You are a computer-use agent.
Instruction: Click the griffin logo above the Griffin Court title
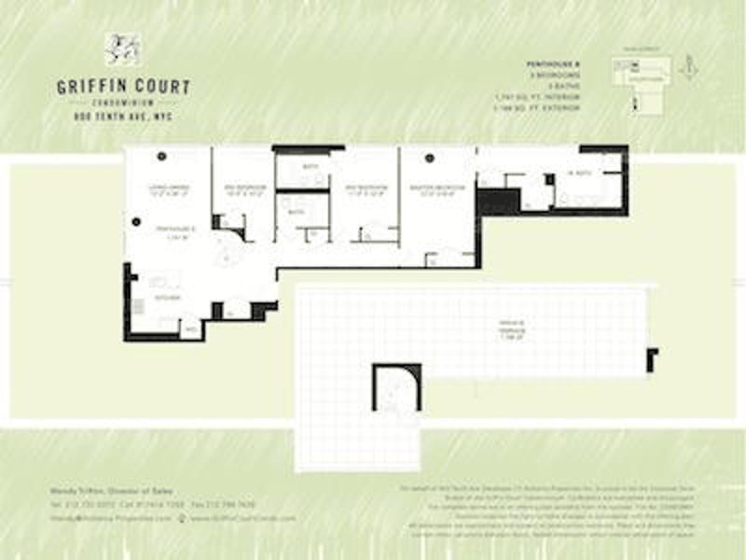121,49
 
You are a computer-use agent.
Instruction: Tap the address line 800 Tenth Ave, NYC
123,117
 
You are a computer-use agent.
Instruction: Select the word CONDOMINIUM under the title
123,103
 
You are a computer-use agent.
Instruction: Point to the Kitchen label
168,298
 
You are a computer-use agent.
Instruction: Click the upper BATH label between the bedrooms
310,167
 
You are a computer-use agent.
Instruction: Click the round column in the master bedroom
430,158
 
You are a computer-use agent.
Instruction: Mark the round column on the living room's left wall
136,221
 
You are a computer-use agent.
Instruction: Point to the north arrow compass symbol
687,66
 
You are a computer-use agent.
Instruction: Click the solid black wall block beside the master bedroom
497,201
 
